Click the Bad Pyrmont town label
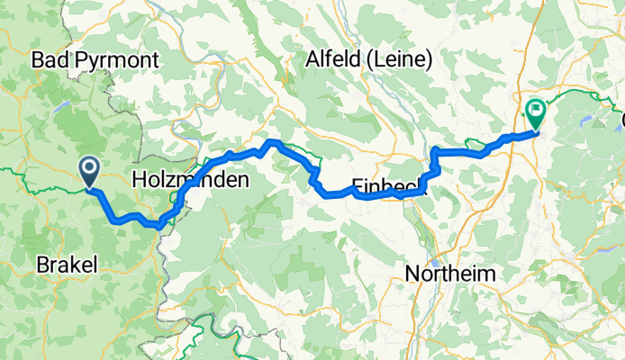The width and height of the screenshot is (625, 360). tap(95, 61)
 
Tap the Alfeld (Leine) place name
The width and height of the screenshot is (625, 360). tap(369, 60)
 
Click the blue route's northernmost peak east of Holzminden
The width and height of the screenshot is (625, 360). tap(275, 142)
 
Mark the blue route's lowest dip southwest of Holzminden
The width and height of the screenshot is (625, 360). tap(159, 226)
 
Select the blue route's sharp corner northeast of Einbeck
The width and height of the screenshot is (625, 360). tap(435, 148)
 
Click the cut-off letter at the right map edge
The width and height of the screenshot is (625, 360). tap(621, 118)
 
